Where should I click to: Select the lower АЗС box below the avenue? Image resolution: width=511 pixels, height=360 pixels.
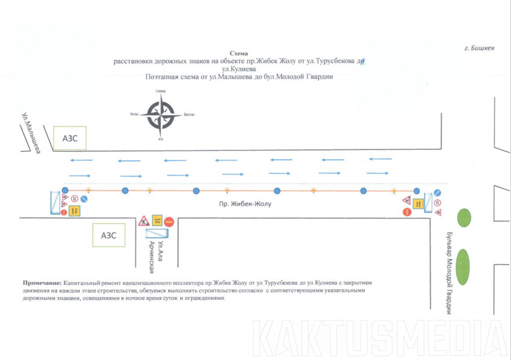coord(109,235)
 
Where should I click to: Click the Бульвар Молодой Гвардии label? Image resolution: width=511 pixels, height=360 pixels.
coord(448,272)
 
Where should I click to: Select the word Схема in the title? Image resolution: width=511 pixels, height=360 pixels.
coord(238,53)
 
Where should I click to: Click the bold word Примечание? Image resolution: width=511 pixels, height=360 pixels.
coord(42,282)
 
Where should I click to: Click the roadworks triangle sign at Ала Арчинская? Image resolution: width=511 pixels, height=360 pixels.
coord(144,221)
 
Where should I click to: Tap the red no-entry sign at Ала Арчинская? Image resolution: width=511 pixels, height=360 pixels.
coord(169,221)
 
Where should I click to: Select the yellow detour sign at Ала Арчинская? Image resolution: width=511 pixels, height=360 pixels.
coord(157,220)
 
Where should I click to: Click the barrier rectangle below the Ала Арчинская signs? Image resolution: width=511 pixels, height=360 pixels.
coord(156,232)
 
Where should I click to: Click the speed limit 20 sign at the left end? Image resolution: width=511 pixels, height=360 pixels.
coord(74,199)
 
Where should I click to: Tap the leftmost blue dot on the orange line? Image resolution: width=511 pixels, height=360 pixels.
coord(64,191)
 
